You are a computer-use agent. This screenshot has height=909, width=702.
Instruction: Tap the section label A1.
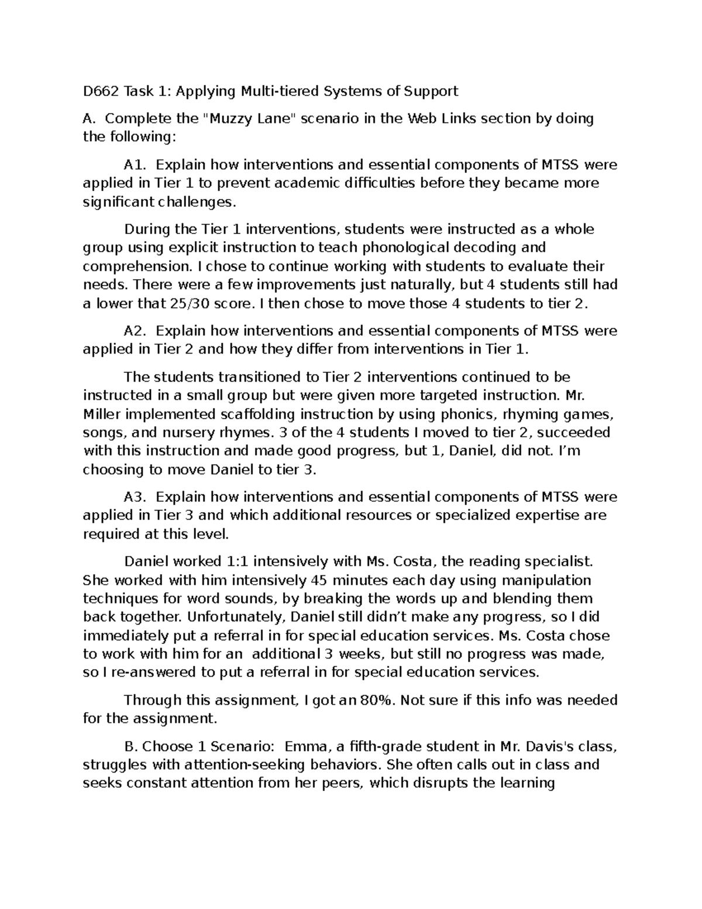pyautogui.click(x=134, y=165)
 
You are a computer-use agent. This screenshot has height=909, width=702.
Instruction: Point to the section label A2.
pyautogui.click(x=134, y=331)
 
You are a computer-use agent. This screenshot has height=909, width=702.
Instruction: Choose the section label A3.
pyautogui.click(x=134, y=498)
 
